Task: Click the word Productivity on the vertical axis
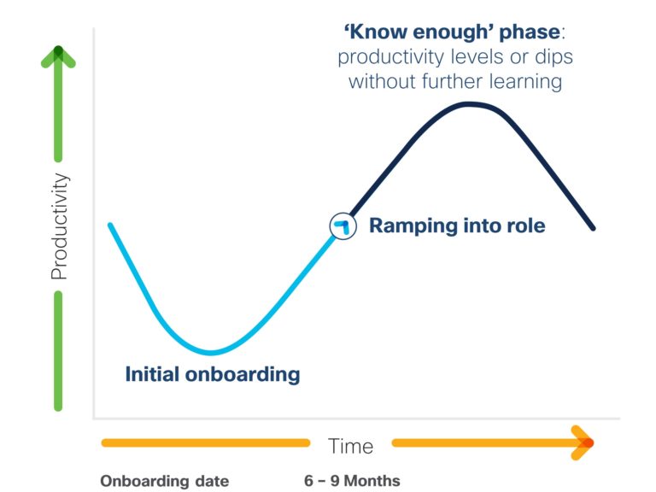60,225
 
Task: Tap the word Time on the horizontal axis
350,446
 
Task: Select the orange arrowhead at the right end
583,442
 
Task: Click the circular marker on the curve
343,225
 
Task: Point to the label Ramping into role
457,225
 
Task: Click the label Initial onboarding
213,374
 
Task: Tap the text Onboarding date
164,481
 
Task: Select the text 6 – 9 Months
352,481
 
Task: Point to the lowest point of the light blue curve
212,353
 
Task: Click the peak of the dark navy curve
471,104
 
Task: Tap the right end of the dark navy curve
593,228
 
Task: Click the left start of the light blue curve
110,225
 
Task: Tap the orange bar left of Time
205,442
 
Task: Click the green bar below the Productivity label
58,351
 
